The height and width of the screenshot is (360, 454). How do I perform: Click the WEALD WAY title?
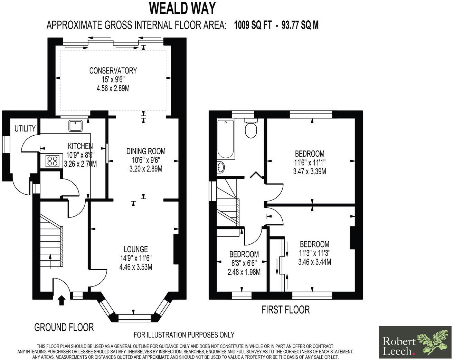point(182,8)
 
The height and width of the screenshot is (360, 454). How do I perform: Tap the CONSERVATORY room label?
point(113,71)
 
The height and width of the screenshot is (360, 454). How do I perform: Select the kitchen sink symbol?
point(75,126)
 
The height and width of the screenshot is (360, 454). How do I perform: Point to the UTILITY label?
point(25,129)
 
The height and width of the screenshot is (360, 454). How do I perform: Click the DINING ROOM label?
point(146,151)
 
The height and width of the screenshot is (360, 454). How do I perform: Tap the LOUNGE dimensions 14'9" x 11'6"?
point(136,258)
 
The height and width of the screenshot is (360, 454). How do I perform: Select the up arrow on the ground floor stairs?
point(51,261)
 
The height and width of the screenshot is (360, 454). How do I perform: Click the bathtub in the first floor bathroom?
point(226,139)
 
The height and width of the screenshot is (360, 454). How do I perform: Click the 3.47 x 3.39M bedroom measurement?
point(309,172)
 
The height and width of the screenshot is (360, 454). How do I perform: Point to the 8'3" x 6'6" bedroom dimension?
point(244,263)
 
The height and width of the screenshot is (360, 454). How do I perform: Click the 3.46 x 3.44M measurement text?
point(314,262)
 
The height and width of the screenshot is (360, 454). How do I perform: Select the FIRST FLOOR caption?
point(285,310)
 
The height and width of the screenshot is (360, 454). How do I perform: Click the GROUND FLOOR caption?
point(64,327)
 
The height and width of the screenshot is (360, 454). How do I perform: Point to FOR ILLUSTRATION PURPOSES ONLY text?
point(184,334)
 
